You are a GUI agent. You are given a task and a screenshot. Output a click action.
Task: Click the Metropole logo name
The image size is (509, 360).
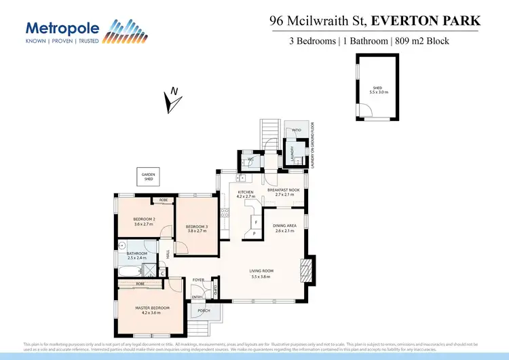62,28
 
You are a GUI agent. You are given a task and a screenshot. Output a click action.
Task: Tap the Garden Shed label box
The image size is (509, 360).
148,177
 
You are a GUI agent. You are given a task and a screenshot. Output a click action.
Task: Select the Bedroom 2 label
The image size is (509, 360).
145,219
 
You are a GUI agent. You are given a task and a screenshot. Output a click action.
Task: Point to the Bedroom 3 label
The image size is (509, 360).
196,226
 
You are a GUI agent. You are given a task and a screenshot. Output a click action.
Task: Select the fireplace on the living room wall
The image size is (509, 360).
307,269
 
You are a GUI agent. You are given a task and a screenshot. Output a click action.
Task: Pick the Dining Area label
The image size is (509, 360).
284,226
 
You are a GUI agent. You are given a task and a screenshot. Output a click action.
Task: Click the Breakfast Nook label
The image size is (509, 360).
284,190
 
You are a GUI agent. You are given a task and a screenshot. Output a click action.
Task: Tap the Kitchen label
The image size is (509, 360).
245,193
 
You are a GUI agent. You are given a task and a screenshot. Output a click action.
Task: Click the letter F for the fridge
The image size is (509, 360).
255,222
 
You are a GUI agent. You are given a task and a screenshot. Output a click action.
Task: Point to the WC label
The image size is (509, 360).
250,160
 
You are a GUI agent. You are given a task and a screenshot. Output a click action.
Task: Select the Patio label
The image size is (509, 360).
297,130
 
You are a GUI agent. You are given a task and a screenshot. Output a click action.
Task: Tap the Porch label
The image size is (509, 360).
203,311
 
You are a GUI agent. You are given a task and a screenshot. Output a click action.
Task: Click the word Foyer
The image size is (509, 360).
199,280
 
